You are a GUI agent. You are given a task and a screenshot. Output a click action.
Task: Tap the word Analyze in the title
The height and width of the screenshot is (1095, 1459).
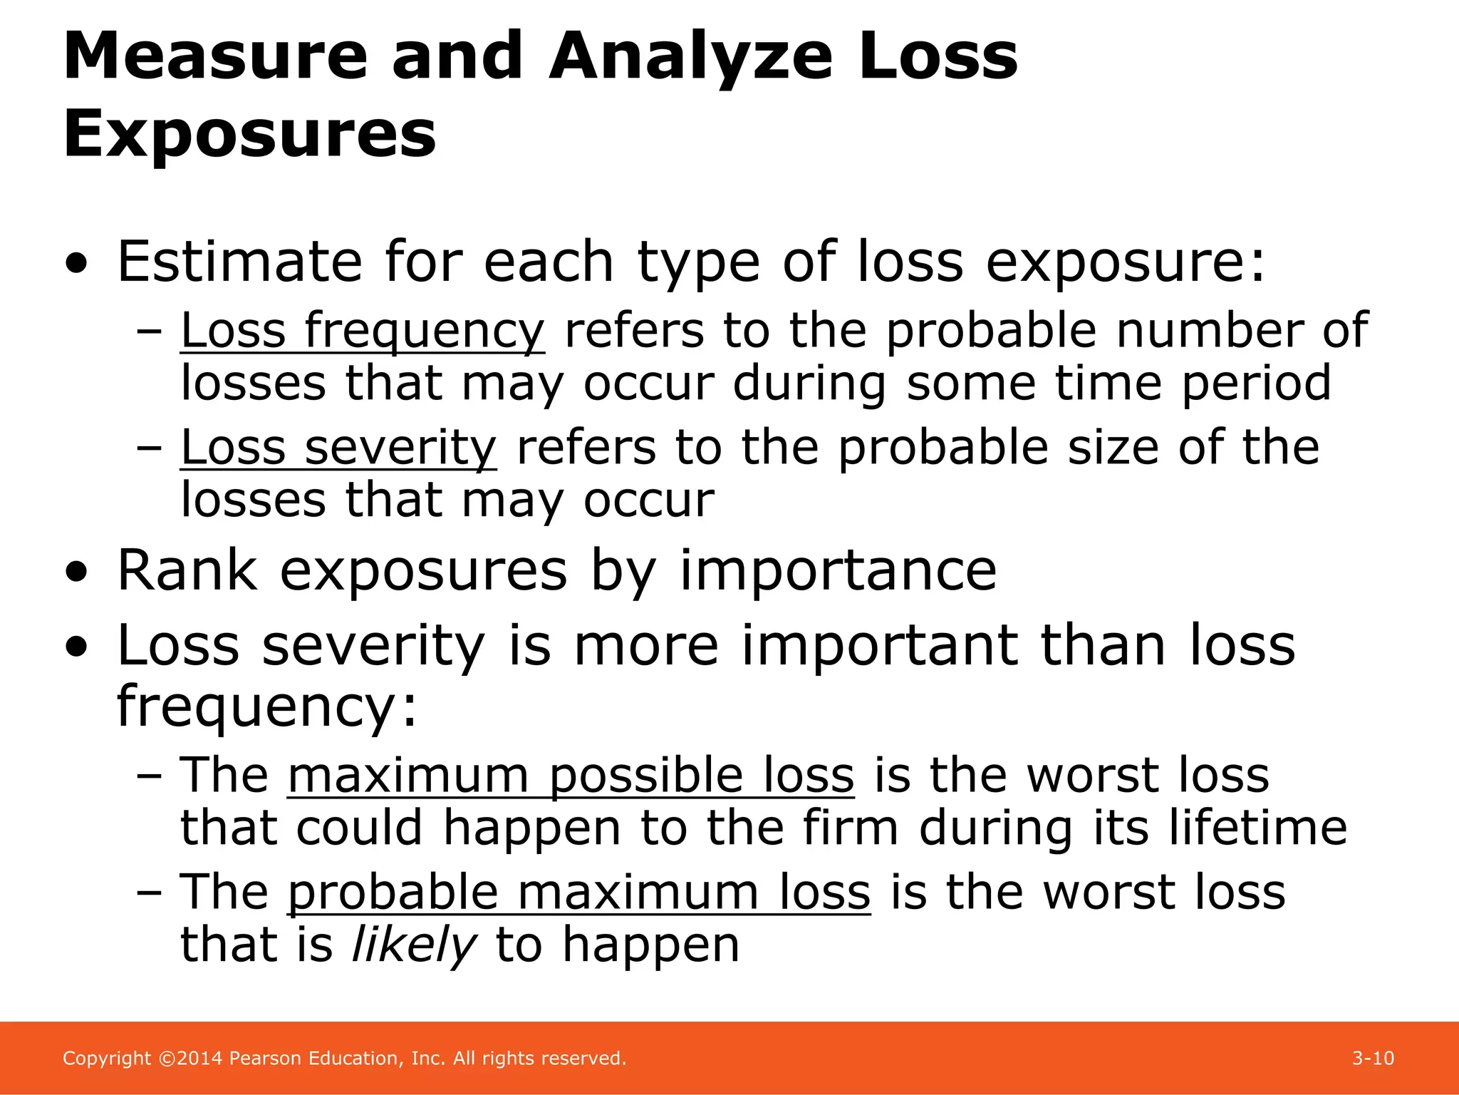(x=690, y=58)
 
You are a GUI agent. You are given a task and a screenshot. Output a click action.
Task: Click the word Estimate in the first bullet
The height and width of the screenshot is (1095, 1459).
(x=239, y=262)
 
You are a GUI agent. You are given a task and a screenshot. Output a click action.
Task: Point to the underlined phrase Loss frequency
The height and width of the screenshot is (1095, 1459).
(x=363, y=331)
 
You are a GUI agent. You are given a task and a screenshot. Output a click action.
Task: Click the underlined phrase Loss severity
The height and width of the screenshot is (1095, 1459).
(x=338, y=448)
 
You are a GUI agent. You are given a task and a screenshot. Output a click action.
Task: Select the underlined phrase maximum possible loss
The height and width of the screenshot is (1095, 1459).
(x=571, y=776)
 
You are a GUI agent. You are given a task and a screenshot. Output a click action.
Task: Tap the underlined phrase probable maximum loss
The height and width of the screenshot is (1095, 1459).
(x=578, y=893)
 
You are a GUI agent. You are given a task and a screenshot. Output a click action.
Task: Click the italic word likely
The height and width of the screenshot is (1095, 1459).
(x=414, y=945)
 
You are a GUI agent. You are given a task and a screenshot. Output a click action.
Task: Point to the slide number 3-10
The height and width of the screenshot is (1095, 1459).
(x=1373, y=1059)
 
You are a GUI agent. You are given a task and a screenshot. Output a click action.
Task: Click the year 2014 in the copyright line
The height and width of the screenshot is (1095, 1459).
(x=199, y=1059)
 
